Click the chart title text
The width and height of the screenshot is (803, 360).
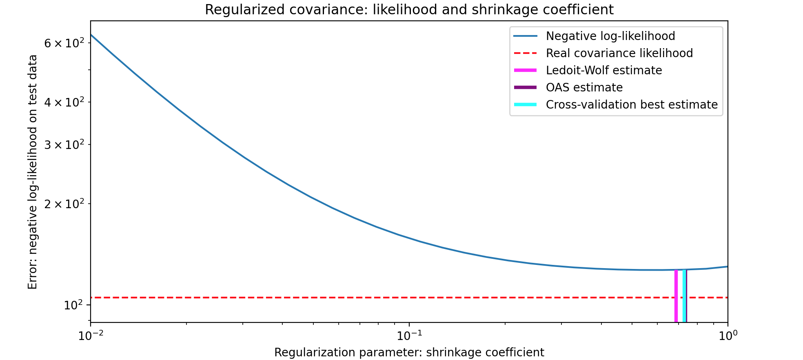point(409,10)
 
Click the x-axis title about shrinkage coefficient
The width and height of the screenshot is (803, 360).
point(409,352)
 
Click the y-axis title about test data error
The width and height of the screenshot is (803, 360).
point(33,172)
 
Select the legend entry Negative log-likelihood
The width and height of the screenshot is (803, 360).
point(610,36)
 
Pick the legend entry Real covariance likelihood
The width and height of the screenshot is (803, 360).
point(619,53)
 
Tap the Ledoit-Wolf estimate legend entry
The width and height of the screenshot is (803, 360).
point(603,71)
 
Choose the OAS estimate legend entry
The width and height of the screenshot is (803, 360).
point(584,88)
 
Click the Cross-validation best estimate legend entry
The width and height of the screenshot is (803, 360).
point(631,105)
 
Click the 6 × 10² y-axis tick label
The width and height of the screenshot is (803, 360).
point(64,43)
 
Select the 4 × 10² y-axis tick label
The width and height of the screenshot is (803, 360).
point(64,102)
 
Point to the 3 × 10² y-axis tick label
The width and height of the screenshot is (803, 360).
point(64,144)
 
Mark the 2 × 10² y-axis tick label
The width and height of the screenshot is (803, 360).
point(64,204)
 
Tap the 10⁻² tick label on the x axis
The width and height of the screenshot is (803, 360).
point(91,336)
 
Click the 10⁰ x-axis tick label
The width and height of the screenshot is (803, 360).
point(728,336)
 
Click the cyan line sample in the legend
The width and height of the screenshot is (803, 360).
point(525,105)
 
